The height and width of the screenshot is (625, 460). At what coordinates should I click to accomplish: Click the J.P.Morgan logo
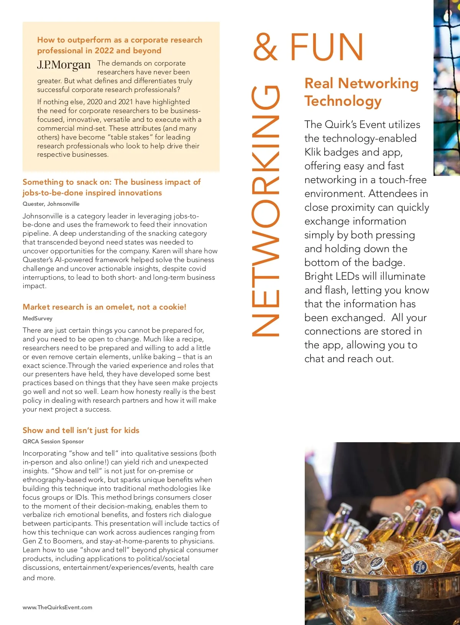[64, 65]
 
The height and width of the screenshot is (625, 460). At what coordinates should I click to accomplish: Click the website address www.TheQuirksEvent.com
[58, 607]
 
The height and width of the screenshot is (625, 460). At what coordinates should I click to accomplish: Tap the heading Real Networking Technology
[361, 92]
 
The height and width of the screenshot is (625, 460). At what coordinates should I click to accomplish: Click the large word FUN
[327, 47]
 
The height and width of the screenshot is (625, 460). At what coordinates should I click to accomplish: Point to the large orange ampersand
[265, 47]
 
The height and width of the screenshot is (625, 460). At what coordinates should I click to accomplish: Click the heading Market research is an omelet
[104, 307]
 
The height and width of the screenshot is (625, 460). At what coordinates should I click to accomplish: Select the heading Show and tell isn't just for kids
[81, 430]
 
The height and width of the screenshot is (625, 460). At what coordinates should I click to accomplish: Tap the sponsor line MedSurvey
[38, 318]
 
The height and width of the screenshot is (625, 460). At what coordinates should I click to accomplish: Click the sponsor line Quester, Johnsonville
[51, 204]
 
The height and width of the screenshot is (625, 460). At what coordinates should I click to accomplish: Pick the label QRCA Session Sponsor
[53, 441]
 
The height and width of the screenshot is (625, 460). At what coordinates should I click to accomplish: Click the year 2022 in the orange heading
[104, 51]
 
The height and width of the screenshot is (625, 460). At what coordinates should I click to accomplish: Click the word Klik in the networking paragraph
[312, 152]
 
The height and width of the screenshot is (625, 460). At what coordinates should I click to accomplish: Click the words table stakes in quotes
[130, 137]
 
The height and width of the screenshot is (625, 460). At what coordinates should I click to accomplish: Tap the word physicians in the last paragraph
[196, 541]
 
